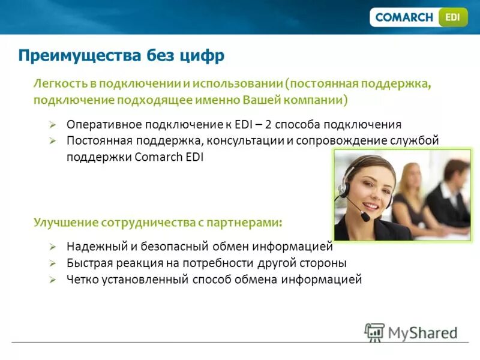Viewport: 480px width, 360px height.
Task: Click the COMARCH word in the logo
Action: (x=404, y=17)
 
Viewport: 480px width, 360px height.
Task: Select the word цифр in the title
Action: (x=203, y=56)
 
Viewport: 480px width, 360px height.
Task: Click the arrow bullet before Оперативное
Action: (x=53, y=125)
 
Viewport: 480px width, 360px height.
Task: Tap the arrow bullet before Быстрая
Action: (x=53, y=263)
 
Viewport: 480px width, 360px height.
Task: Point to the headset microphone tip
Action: (x=365, y=217)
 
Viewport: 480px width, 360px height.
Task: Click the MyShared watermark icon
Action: (x=374, y=331)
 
